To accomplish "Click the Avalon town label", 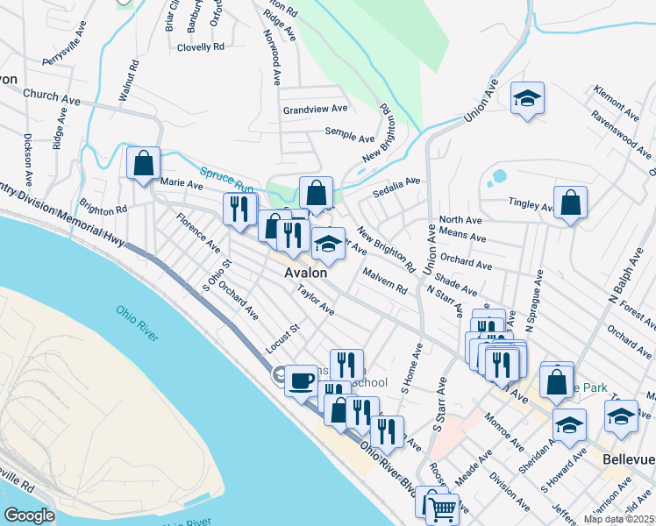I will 306,273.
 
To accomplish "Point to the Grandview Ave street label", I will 315,110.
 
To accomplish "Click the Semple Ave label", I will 350,135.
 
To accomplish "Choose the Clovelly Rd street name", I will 201,46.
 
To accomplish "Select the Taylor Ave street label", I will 316,300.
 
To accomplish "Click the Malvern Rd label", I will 386,281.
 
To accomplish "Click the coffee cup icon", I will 301,380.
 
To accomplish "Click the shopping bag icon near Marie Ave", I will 143,163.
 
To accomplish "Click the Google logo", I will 30,515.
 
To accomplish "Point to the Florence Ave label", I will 198,231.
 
